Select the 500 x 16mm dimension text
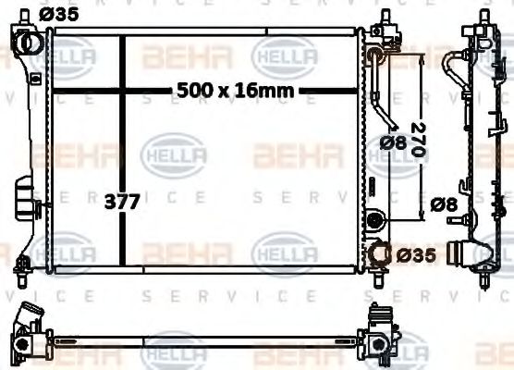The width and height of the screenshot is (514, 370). point(237,90)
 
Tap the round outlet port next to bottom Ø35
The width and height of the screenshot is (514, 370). point(380,253)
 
